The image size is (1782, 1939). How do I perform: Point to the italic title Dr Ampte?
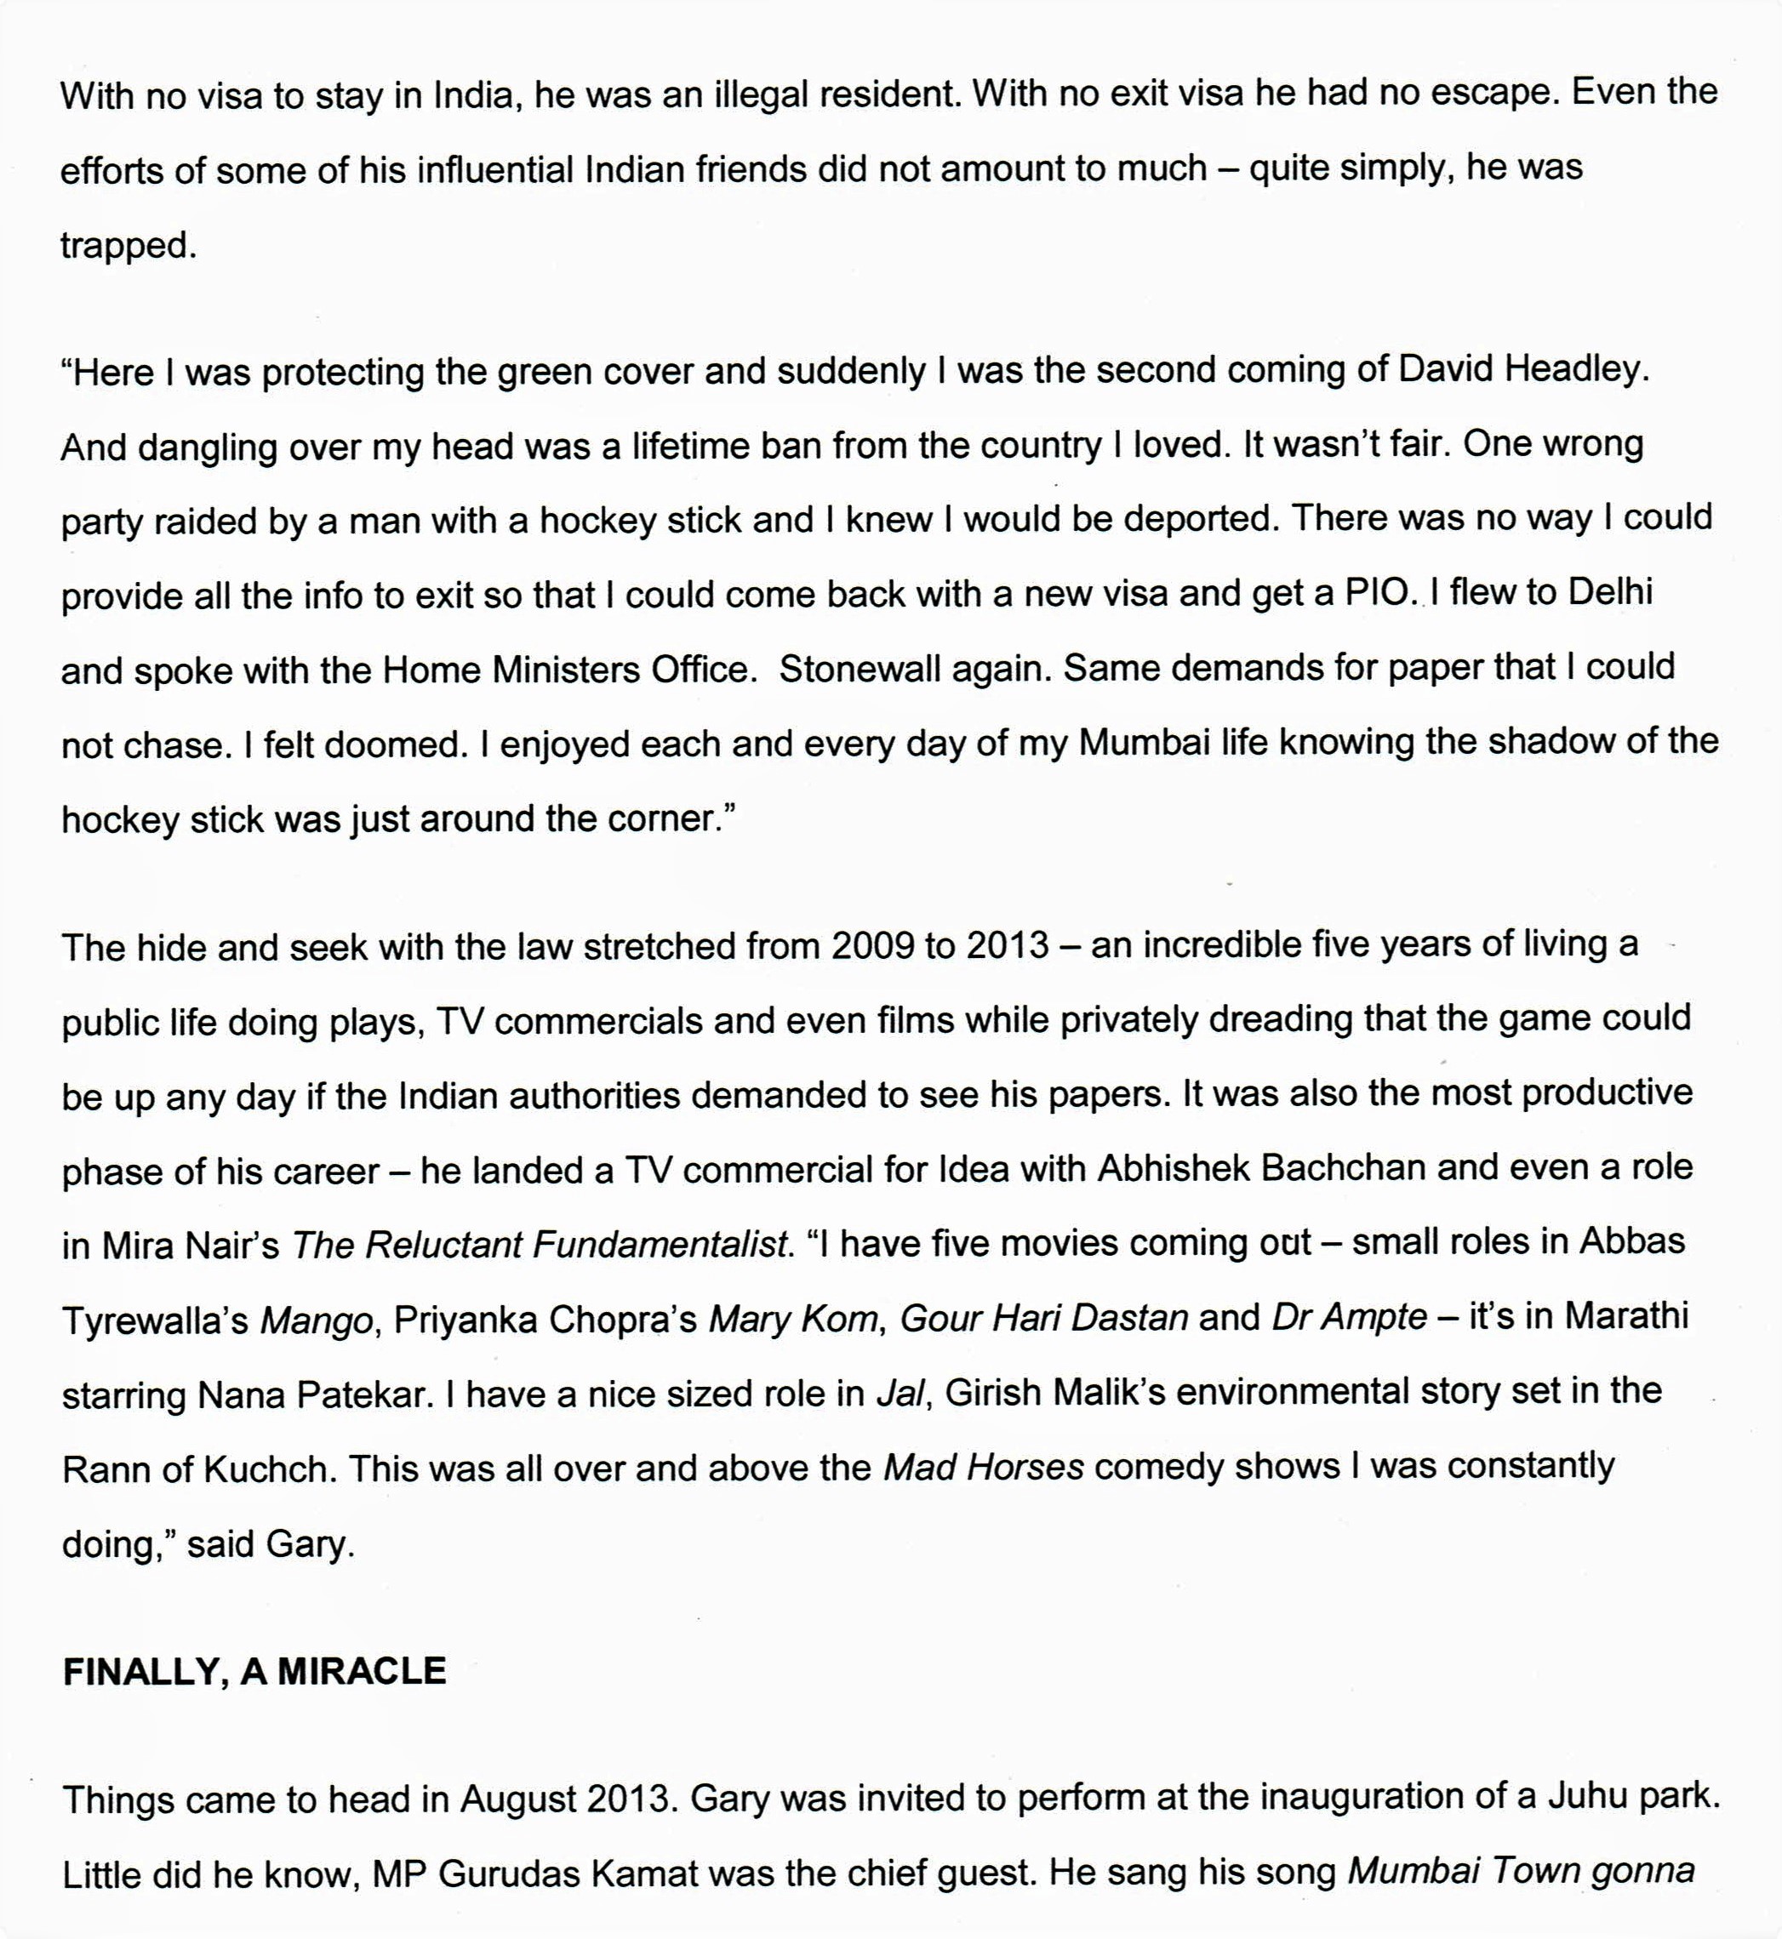(x=1349, y=1316)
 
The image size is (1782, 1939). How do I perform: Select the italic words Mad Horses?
(x=984, y=1468)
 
